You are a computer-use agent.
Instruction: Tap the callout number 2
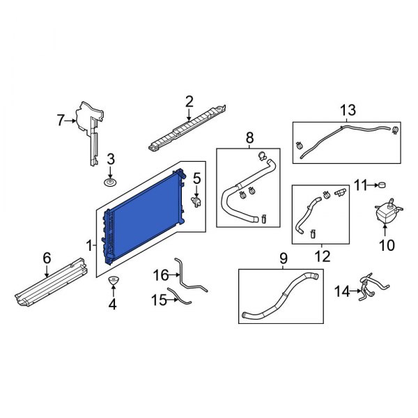coord(189,102)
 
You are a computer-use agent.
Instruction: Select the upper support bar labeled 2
coord(187,129)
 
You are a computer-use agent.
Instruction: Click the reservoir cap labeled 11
coord(382,184)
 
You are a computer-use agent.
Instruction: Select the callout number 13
coord(348,109)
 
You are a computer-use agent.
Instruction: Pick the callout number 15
coord(157,300)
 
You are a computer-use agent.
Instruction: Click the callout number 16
coord(160,275)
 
